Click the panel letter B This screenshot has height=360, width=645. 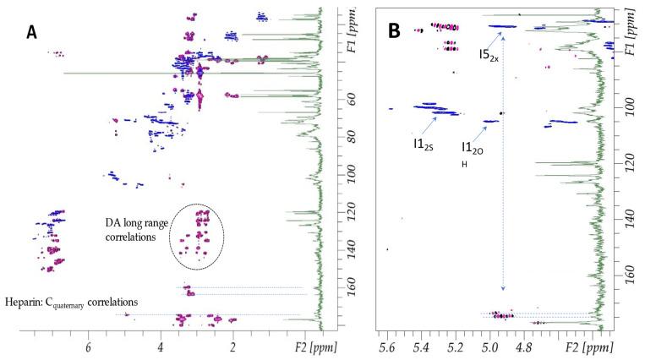tap(393, 32)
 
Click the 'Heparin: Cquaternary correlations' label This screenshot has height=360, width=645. tap(71, 302)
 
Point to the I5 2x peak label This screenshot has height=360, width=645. tap(489, 54)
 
